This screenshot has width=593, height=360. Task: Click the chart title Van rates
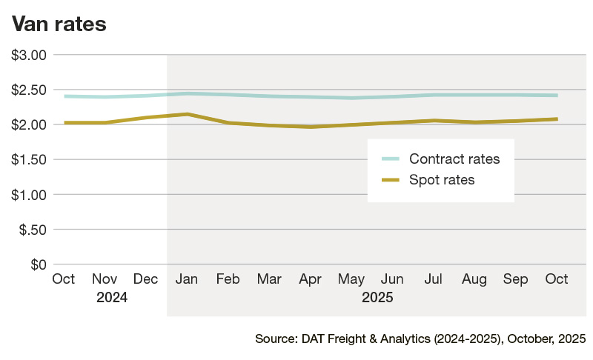(x=59, y=24)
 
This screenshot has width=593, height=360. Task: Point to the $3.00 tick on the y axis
(x=29, y=55)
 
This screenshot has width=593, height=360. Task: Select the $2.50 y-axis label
(x=29, y=90)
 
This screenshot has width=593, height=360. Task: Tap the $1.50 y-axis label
(x=29, y=160)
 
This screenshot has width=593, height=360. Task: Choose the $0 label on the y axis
(x=37, y=264)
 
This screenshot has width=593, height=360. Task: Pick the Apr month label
(x=309, y=279)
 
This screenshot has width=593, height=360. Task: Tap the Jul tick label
(x=434, y=279)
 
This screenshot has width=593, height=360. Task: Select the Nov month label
(x=105, y=279)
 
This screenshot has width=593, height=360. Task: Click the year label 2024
(x=112, y=299)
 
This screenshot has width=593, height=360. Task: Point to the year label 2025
(x=377, y=299)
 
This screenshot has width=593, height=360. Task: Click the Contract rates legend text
(x=454, y=159)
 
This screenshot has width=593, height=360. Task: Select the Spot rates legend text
(x=442, y=179)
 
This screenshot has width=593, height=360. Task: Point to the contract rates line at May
(x=351, y=98)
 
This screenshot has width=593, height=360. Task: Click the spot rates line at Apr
(x=311, y=127)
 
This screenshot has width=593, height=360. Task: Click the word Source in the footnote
(x=276, y=339)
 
